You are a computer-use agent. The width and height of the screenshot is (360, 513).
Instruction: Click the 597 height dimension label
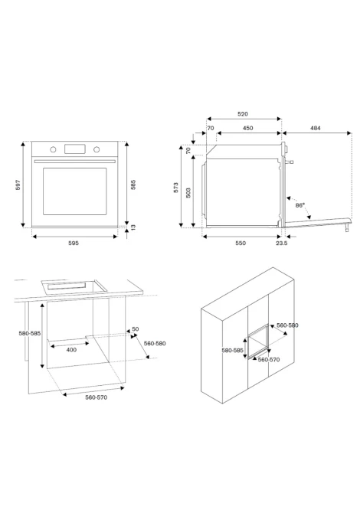pos(18,185)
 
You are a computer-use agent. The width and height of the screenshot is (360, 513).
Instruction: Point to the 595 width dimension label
pos(74,243)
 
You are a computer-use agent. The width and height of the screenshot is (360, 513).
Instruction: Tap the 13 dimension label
pos(133,227)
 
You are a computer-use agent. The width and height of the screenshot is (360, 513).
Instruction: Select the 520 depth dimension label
pos(243,114)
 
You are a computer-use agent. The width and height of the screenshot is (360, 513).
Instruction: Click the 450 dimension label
pos(247,129)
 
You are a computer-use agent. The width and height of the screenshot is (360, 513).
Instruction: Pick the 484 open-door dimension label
pos(315,129)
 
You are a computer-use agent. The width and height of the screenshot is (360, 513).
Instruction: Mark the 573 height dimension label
pos(176,188)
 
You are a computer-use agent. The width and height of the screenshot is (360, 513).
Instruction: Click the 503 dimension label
pos(188,193)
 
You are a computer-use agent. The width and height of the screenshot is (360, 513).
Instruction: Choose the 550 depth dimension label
pos(241,243)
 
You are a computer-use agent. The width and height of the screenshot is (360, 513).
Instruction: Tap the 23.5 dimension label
pos(281,243)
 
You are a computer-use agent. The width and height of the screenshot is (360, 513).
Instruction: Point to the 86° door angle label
pos(299,205)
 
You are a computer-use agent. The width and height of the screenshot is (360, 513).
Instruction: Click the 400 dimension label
pos(71,350)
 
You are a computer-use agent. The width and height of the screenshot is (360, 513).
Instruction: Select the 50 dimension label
pos(135,328)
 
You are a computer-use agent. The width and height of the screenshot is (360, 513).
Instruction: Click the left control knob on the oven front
pos(53,149)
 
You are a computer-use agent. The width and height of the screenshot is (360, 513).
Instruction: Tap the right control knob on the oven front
pos(97,149)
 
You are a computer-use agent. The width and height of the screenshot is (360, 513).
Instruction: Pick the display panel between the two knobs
pos(75,149)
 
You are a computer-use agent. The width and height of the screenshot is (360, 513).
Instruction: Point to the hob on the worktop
pos(74,286)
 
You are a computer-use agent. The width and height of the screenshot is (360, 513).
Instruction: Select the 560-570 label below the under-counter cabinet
pos(97,397)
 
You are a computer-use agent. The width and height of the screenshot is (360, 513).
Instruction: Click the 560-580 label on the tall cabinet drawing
pos(288,325)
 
